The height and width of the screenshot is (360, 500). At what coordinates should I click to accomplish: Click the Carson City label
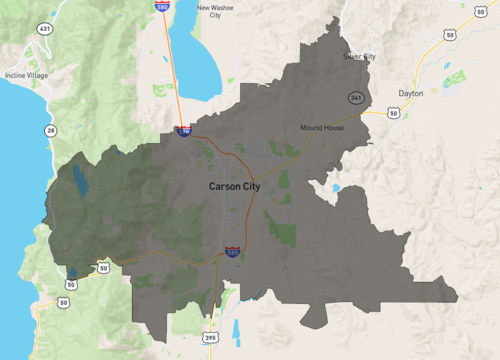pos(236,186)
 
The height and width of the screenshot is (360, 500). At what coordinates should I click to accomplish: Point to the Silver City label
pos(360,57)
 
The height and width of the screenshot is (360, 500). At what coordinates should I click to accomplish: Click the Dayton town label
pos(411,93)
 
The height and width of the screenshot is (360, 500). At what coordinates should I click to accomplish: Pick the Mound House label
pos(321,128)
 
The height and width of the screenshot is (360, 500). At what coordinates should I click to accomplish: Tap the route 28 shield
pos(49,130)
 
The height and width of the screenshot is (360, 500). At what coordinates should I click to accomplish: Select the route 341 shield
pos(355,97)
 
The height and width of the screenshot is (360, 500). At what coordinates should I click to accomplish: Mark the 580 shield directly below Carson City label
pos(232,254)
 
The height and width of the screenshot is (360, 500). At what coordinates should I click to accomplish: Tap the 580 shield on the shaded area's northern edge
pos(184,130)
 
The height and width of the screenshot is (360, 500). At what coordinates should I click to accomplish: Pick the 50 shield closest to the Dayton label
pos(394,114)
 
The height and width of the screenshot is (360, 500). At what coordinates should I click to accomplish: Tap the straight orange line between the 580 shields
pos(173,70)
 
